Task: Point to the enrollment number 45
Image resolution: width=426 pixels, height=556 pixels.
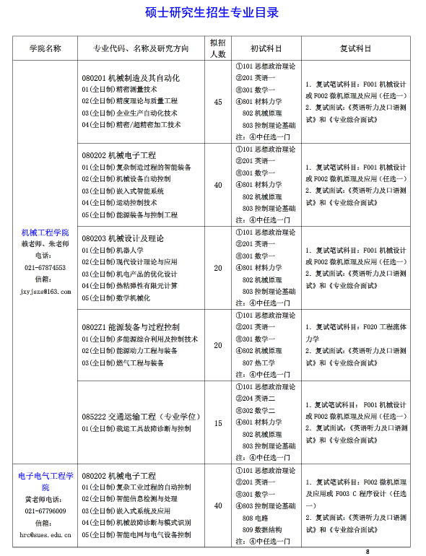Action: click(x=218, y=102)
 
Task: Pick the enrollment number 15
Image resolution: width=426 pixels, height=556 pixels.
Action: click(x=218, y=423)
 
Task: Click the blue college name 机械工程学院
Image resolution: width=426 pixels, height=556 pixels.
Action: click(x=45, y=232)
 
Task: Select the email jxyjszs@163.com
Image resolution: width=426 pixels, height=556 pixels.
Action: click(x=45, y=291)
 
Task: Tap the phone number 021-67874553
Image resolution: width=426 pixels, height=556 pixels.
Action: click(x=45, y=267)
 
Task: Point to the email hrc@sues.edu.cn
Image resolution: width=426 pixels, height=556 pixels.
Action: click(x=45, y=534)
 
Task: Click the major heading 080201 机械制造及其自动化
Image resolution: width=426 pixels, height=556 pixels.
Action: click(x=131, y=78)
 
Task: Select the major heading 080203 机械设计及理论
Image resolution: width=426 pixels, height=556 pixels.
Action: click(x=123, y=238)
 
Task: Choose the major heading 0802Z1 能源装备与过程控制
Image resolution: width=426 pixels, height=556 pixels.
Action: click(x=131, y=327)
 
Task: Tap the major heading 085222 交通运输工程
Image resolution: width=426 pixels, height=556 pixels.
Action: click(x=141, y=417)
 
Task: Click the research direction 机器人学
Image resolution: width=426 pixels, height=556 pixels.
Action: click(x=123, y=250)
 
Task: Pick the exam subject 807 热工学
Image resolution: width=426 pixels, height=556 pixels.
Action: click(x=257, y=362)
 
